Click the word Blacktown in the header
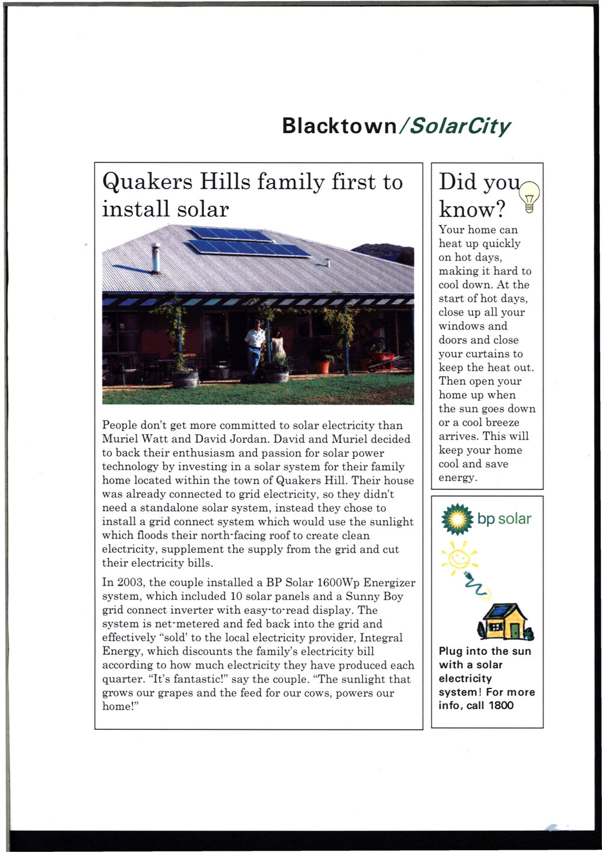coord(339,126)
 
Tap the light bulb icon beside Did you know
coord(529,196)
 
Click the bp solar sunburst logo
coord(458,519)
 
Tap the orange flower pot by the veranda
coord(323,365)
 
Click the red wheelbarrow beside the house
coord(383,361)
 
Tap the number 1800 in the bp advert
coord(501,705)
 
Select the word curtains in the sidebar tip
coord(489,354)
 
